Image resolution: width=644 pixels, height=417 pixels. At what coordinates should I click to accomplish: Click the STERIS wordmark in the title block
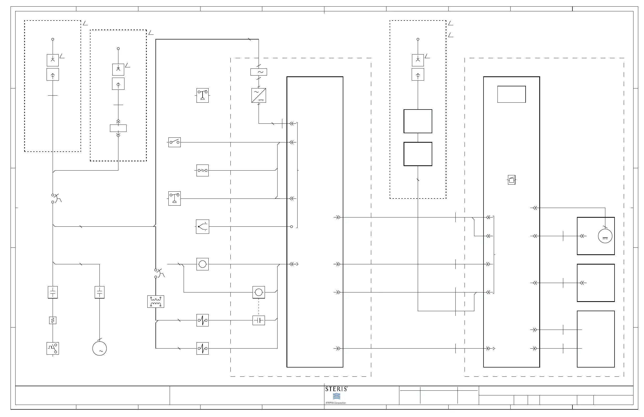[336, 389]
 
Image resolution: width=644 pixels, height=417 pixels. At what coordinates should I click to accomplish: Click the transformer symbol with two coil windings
[155, 301]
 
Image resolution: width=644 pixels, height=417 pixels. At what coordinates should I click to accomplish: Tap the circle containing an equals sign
[605, 236]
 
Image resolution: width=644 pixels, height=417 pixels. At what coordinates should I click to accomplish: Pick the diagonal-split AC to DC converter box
[258, 95]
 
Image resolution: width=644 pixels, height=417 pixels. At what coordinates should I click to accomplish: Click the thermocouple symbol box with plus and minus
[202, 227]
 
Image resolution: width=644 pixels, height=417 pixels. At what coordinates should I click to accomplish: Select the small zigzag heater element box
[53, 320]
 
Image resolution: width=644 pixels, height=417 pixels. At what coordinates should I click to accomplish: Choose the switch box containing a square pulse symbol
[53, 349]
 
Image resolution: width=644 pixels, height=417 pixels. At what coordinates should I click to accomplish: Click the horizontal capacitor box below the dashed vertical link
[258, 320]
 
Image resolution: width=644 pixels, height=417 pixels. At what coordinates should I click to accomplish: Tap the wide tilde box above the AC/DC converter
[258, 72]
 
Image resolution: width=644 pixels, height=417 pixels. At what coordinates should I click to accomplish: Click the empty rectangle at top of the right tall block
[511, 94]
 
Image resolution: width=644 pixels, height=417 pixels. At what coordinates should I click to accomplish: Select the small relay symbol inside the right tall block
[511, 180]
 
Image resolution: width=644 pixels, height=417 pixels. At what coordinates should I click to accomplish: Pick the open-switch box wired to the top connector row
[174, 142]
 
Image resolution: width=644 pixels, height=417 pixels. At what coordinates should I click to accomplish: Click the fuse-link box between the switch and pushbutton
[202, 170]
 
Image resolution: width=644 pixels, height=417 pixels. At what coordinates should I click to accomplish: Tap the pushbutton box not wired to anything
[202, 95]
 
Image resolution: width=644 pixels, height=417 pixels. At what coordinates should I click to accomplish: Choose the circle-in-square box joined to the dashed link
[258, 292]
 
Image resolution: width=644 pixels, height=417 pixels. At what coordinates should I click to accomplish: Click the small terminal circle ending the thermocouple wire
[291, 227]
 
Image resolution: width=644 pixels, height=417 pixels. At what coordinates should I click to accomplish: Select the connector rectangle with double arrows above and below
[118, 128]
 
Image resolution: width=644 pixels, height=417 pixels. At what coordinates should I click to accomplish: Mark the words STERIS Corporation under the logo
[335, 403]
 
